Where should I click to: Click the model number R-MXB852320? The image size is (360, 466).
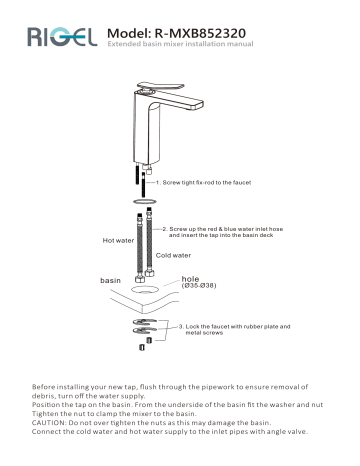[x=186, y=32]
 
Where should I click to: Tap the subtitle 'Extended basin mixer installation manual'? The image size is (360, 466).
[x=180, y=47]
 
